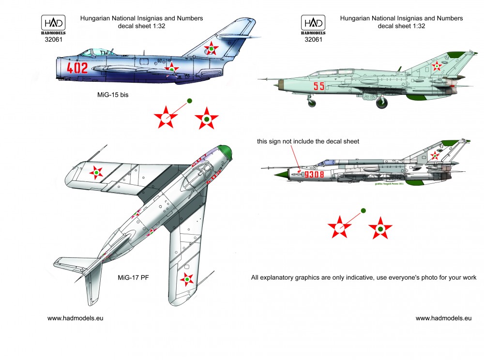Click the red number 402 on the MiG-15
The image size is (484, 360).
click(x=78, y=68)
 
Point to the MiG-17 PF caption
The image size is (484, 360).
click(x=133, y=278)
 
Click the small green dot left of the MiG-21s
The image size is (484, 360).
click(x=363, y=210)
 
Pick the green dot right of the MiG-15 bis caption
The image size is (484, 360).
click(x=189, y=101)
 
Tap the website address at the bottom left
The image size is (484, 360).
click(x=75, y=318)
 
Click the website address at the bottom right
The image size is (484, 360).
click(x=443, y=318)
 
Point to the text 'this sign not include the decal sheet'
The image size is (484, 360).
click(x=308, y=141)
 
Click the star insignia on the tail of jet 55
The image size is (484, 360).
click(x=437, y=66)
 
